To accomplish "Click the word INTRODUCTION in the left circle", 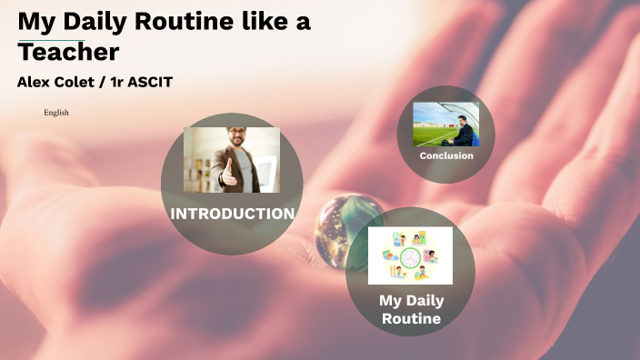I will [232, 214].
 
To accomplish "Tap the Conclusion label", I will [446, 155].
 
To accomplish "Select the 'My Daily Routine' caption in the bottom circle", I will [410, 309].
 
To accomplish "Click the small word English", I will [56, 113].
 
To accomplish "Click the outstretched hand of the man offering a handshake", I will [228, 173].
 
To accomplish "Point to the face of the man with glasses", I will [238, 141].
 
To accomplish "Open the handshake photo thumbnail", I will [232, 159].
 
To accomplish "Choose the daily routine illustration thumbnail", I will [410, 255].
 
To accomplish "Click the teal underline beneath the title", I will [51, 40].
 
